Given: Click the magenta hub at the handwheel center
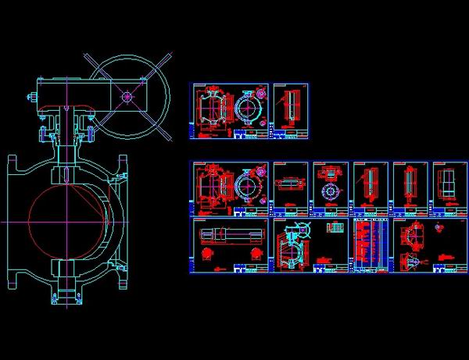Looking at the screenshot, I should coord(126,97).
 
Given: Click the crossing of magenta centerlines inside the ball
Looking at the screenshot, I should coord(68,222).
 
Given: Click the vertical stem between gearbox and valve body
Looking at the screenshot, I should coord(68,137).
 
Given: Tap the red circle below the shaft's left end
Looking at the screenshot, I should coord(207,255).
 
